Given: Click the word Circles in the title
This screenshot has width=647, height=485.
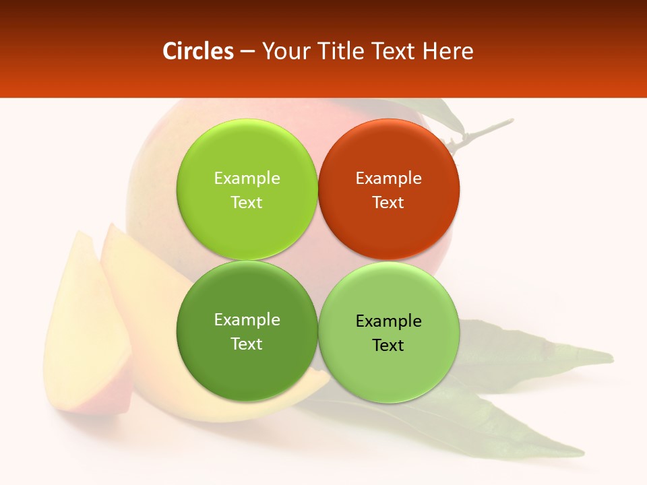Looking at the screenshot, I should (x=198, y=51).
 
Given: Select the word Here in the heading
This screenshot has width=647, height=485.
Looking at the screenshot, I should (x=448, y=51).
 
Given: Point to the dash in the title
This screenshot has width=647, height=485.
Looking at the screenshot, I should (x=247, y=52).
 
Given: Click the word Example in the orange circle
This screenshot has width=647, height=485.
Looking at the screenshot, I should (x=388, y=179).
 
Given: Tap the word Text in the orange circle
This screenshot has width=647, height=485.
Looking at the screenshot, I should (x=388, y=203).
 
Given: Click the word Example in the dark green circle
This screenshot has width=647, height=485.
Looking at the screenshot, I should (x=247, y=320).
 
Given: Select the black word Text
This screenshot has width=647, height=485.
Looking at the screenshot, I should (x=388, y=346).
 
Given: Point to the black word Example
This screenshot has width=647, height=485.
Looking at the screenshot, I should (x=388, y=321).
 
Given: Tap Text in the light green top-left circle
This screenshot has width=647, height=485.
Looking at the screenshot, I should (x=247, y=203).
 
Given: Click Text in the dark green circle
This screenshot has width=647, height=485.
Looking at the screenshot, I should (x=247, y=344).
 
